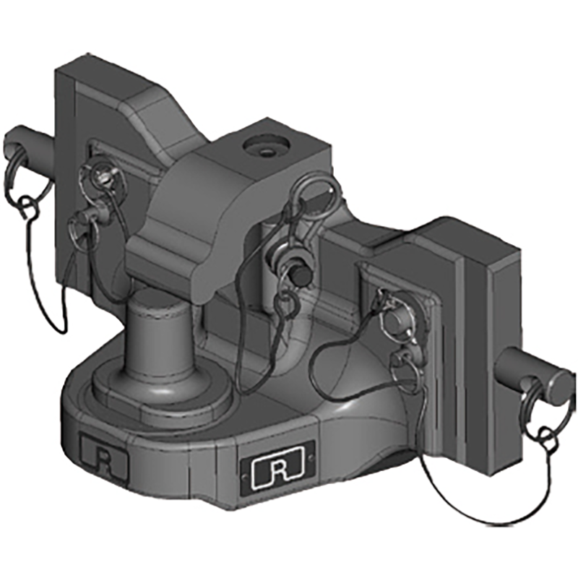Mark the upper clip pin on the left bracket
(x=101, y=173)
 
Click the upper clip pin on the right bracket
(x=394, y=311)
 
